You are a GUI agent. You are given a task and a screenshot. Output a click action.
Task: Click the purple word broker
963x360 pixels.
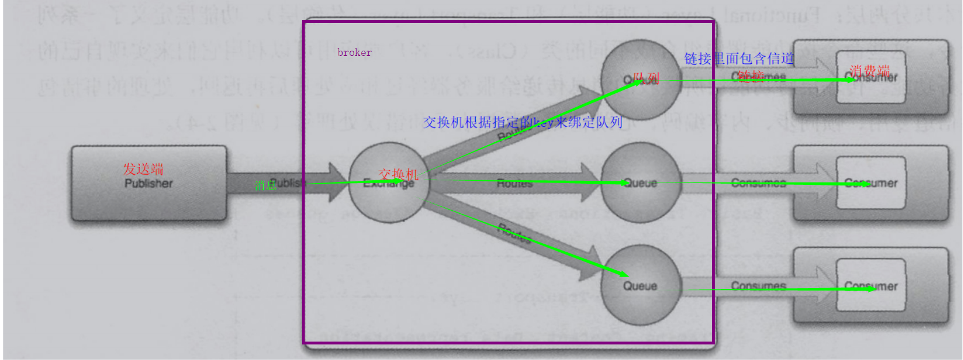coord(354,52)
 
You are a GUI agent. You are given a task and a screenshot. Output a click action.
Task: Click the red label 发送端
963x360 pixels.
coord(143,169)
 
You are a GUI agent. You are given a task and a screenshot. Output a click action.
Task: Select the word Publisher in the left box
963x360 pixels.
coord(149,183)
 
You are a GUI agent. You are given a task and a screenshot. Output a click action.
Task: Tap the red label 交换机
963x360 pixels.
coord(398,174)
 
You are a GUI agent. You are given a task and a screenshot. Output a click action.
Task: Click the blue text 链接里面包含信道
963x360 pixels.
coord(739,58)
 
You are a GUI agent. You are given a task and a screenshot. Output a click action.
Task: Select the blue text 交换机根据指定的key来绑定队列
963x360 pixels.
coord(522,122)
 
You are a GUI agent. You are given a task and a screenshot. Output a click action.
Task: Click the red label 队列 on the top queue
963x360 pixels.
coord(646,78)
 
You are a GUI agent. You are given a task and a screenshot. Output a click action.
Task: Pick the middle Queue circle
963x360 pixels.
coord(640,183)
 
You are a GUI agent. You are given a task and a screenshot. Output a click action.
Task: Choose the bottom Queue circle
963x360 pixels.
coord(640,285)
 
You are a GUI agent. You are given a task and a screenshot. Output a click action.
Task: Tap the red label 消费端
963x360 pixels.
coord(869,70)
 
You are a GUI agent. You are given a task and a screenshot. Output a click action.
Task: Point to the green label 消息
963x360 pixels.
coord(266,185)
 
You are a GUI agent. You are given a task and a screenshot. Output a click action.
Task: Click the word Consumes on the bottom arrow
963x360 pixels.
coord(759,286)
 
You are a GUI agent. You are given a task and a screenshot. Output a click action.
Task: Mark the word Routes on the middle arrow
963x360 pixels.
coord(514,183)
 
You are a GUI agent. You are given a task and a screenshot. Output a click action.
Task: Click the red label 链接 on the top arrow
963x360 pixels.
coord(751,75)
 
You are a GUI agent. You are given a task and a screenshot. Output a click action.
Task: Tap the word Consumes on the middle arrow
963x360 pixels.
coord(759,183)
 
